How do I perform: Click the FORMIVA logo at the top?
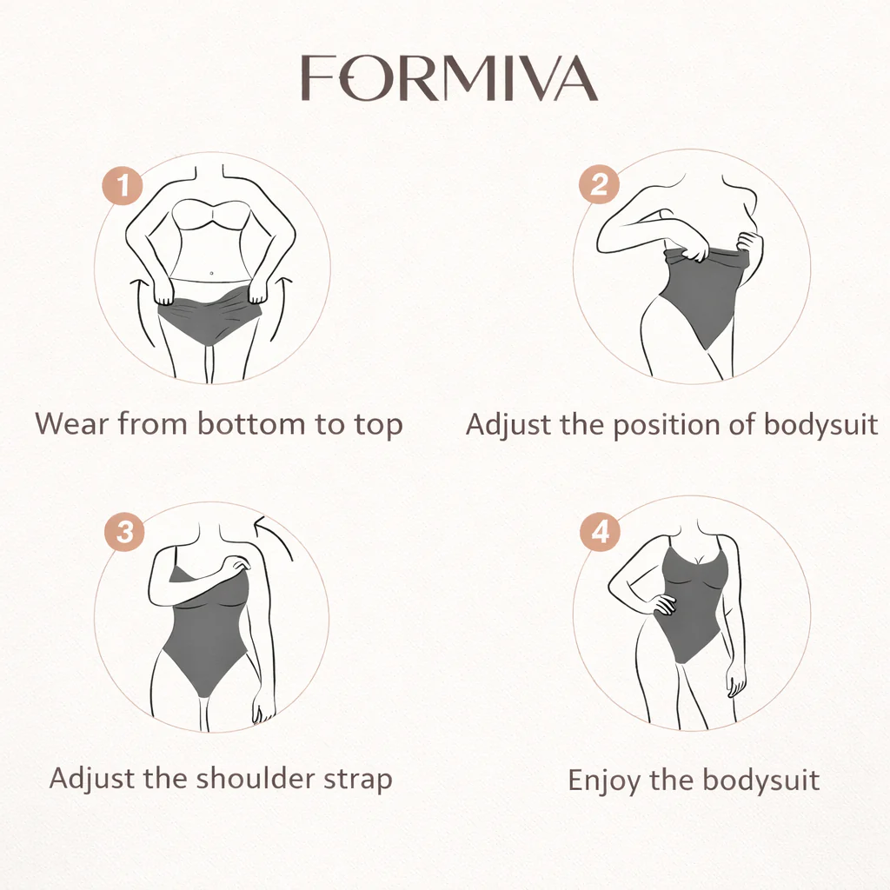point(449,77)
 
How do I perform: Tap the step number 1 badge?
point(123,185)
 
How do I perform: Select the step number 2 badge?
point(599,184)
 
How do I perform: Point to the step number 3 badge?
point(124,533)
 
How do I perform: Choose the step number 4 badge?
point(600,532)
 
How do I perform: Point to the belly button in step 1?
point(211,274)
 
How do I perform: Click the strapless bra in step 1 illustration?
point(211,215)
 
